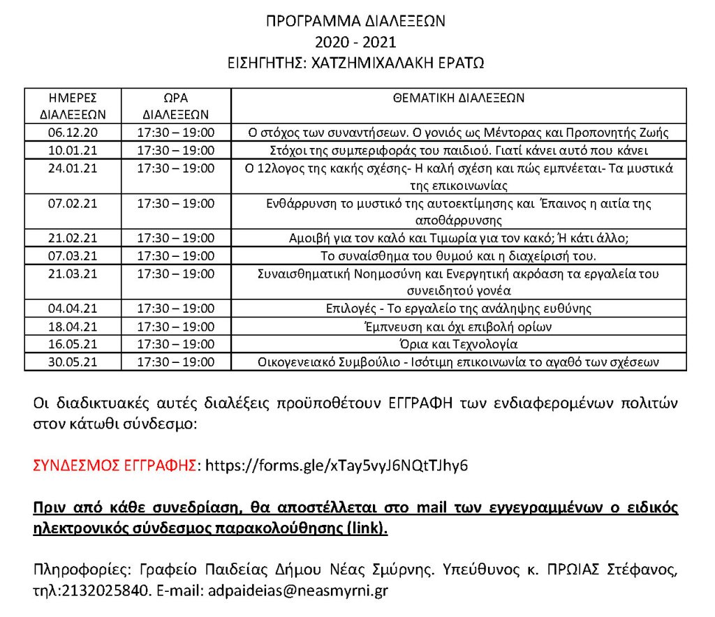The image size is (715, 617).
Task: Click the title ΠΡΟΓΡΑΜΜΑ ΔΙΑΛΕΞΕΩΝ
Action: (356, 21)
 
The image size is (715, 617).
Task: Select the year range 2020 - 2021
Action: (356, 41)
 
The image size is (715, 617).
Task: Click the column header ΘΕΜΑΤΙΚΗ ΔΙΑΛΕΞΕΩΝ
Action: (459, 98)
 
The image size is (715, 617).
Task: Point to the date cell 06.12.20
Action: (73, 133)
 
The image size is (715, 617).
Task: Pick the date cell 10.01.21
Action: (73, 150)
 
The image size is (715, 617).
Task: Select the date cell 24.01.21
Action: (73, 168)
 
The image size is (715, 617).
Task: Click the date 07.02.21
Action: (73, 203)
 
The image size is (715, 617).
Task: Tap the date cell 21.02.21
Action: (73, 237)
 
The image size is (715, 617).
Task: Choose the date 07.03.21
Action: (73, 255)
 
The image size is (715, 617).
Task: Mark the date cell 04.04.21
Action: (73, 308)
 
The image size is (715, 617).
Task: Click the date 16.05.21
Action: (73, 343)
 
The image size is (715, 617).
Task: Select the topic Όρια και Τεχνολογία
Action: (459, 343)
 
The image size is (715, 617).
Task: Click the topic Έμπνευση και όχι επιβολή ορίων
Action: (459, 326)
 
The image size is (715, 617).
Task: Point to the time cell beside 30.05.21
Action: (175, 362)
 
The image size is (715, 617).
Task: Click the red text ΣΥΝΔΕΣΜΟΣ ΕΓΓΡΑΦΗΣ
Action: (115, 466)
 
